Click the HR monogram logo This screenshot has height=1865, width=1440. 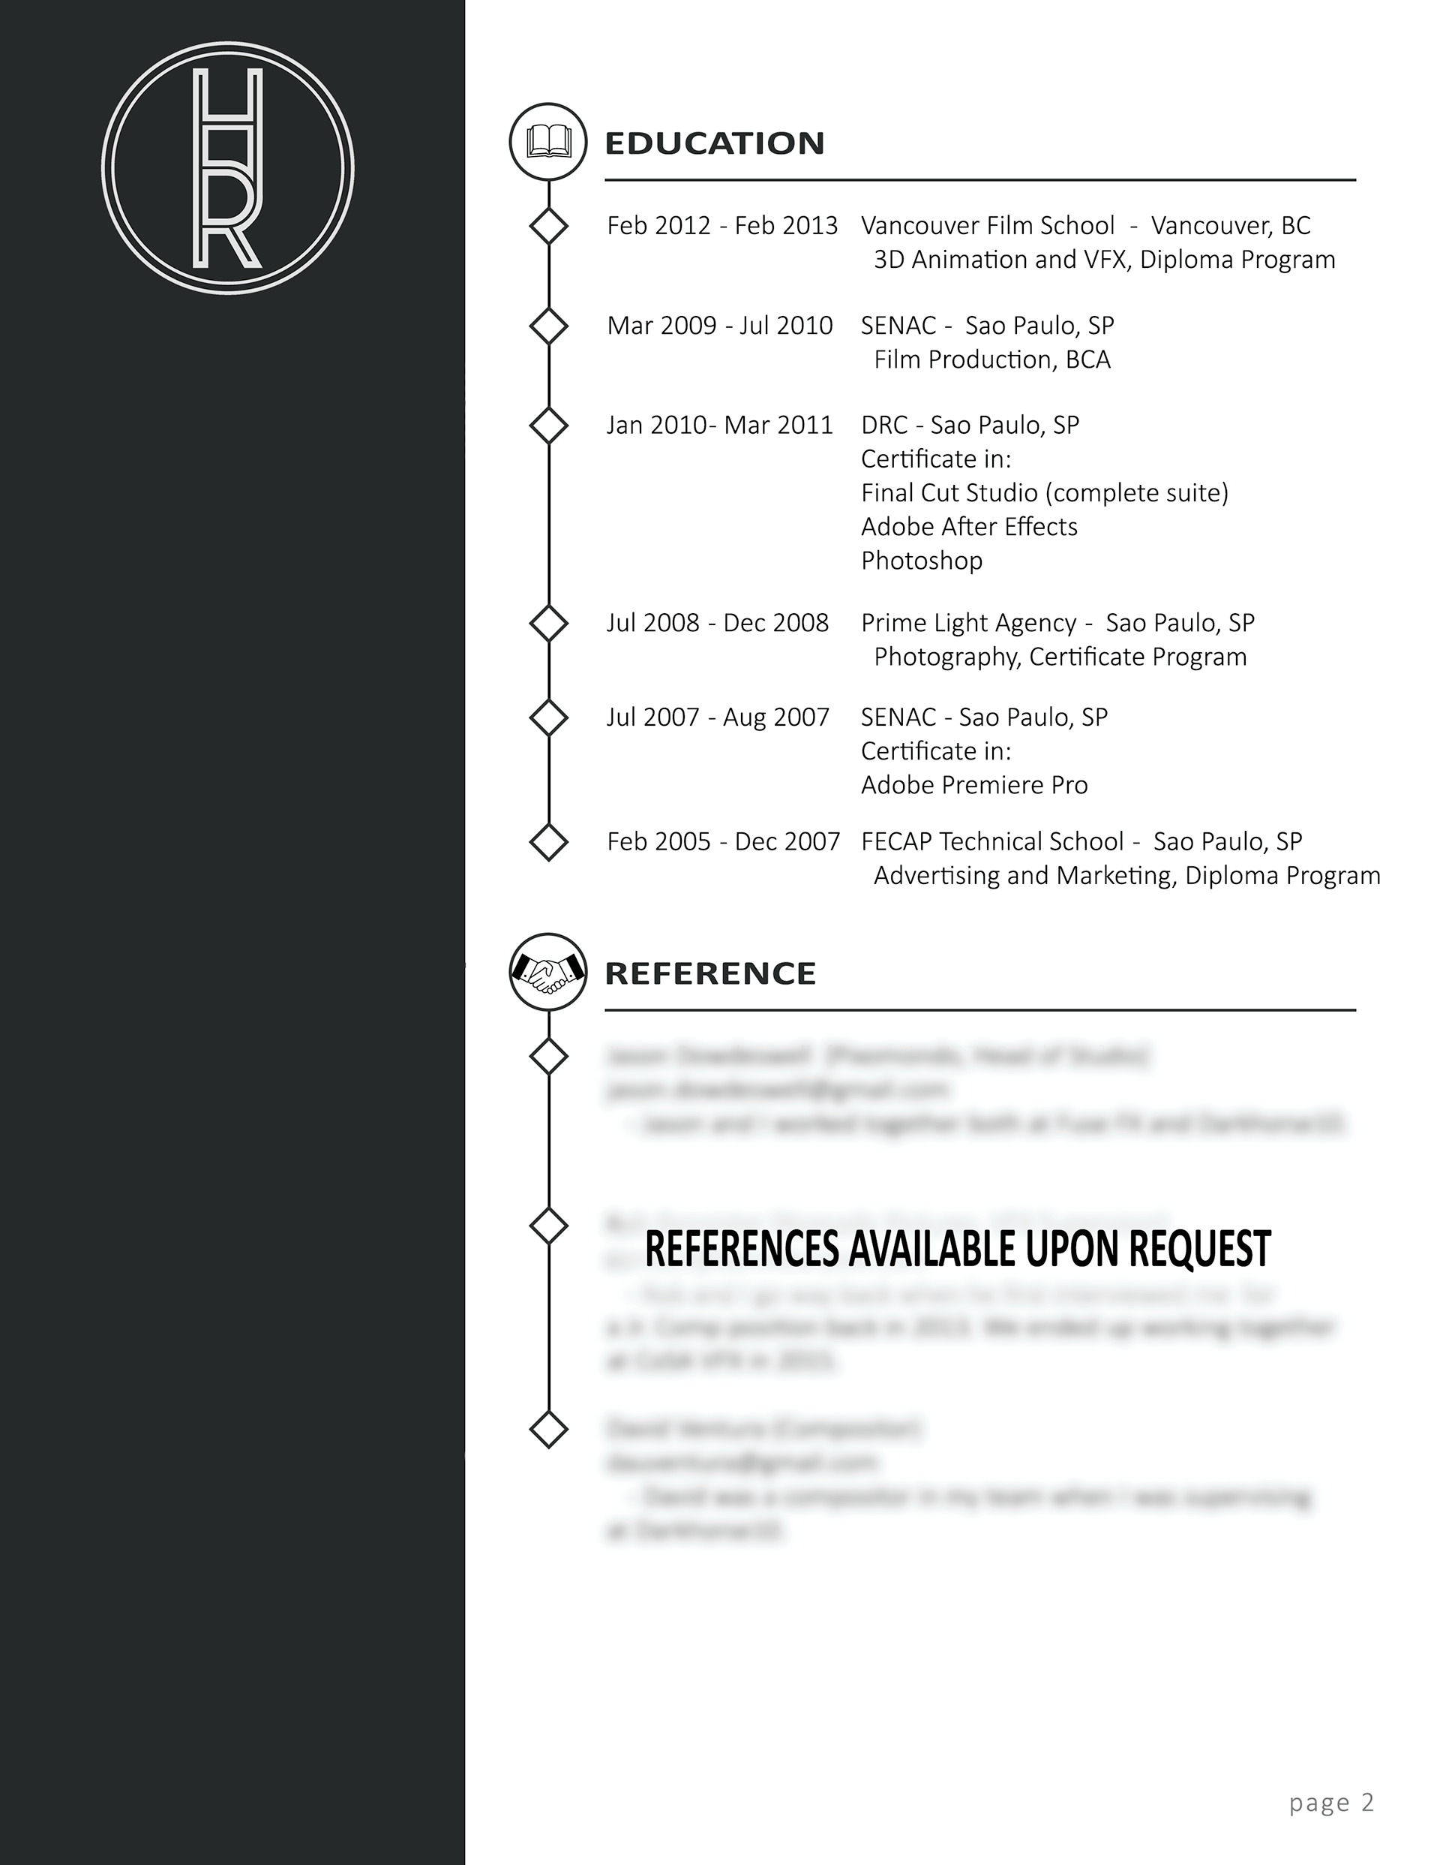click(228, 168)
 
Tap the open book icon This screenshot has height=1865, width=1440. click(548, 142)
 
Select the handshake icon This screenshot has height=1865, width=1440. click(548, 972)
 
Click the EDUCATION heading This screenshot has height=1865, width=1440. click(715, 143)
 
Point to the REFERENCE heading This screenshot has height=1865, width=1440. click(710, 973)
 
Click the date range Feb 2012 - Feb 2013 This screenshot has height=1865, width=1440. click(722, 225)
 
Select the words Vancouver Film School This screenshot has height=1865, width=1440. click(988, 225)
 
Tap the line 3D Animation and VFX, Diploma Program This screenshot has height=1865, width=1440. click(1104, 260)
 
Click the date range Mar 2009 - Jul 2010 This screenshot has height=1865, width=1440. click(719, 326)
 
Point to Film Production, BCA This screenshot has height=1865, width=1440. click(991, 359)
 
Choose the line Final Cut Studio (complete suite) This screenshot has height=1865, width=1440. click(1044, 493)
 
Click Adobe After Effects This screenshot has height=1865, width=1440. click(969, 527)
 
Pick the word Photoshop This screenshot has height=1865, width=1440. click(922, 561)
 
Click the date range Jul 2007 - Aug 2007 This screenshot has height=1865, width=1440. click(718, 717)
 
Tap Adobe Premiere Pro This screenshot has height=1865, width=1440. click(974, 786)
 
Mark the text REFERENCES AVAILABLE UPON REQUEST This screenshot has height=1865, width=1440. click(958, 1248)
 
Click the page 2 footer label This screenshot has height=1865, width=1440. click(1330, 1802)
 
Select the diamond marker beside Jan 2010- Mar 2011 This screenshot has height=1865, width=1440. click(549, 426)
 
